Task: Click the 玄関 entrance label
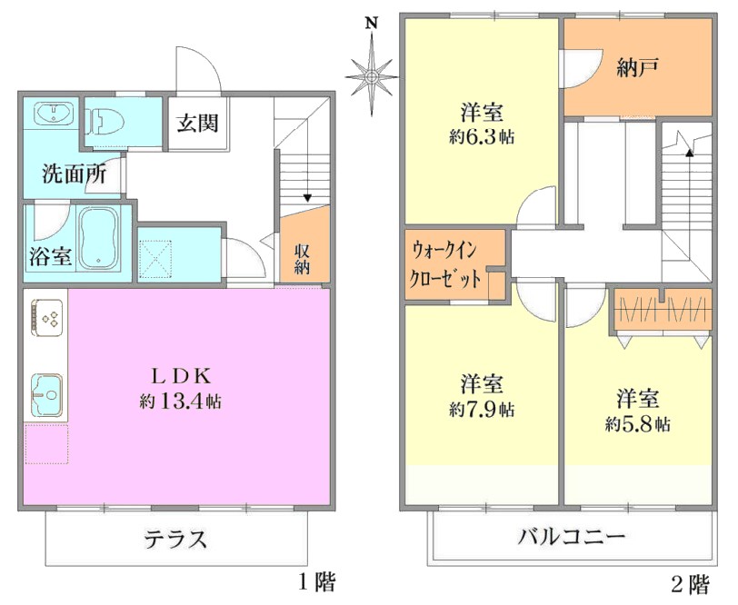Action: (x=198, y=124)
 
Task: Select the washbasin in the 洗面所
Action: (x=54, y=114)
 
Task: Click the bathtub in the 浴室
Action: (x=98, y=238)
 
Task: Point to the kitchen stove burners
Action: (x=46, y=318)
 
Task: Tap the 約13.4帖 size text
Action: (x=180, y=402)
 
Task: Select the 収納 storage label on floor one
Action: (x=302, y=259)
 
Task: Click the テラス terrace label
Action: (x=175, y=539)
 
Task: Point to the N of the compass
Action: (x=373, y=24)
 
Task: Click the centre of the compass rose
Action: (x=372, y=76)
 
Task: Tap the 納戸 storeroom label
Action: (x=637, y=67)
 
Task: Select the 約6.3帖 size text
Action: (x=482, y=137)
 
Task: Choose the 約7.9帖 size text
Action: (x=482, y=410)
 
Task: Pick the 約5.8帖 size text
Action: (x=638, y=425)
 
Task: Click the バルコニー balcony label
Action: (x=572, y=536)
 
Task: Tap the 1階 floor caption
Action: (x=318, y=583)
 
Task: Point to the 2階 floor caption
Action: (x=690, y=585)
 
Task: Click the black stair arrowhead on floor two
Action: (x=690, y=153)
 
